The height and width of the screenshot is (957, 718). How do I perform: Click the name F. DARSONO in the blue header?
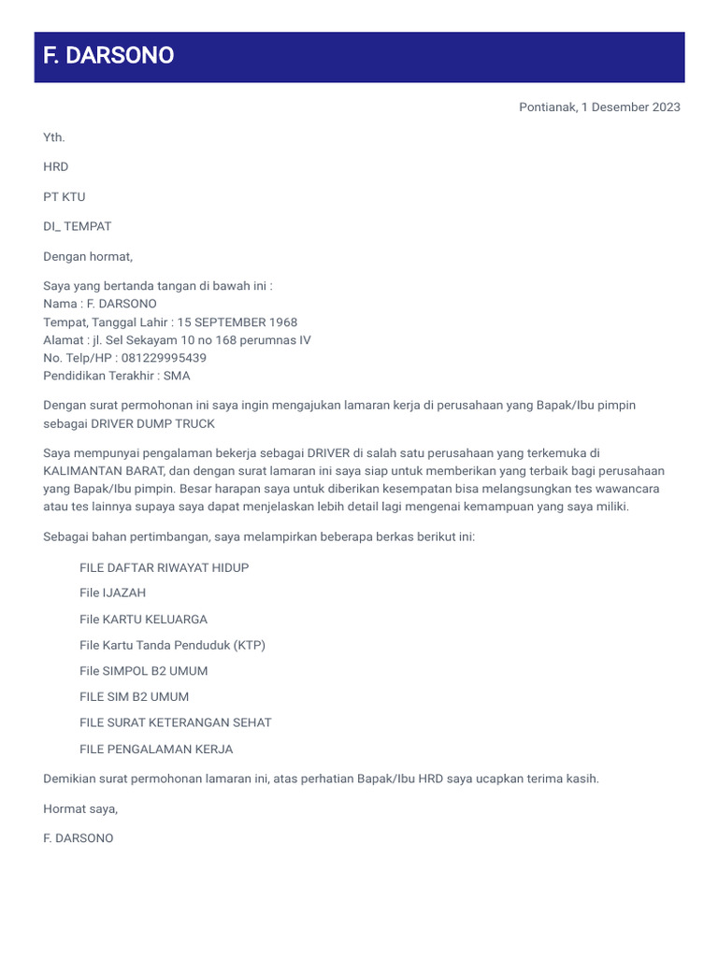click(x=108, y=56)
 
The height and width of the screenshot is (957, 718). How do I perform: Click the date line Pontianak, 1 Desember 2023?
click(x=599, y=107)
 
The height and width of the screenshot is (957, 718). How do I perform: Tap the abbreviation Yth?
click(x=54, y=137)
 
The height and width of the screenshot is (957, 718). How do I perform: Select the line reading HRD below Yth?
click(x=56, y=167)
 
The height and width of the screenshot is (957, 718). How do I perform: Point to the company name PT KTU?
click(x=65, y=197)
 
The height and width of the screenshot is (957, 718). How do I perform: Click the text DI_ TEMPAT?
click(x=78, y=226)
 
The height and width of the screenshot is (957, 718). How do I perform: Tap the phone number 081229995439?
click(x=163, y=358)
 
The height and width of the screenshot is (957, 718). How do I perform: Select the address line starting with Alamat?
click(x=177, y=340)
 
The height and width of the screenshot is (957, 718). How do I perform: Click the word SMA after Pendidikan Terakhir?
click(x=177, y=376)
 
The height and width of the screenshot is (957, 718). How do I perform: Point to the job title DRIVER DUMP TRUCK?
click(x=152, y=423)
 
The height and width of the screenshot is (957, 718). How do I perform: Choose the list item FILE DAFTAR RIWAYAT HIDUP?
click(x=165, y=567)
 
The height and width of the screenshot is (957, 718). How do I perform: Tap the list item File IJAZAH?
click(x=113, y=593)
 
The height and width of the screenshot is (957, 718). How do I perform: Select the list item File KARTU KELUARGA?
click(x=144, y=619)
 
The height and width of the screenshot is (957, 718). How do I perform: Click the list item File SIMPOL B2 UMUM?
click(x=144, y=671)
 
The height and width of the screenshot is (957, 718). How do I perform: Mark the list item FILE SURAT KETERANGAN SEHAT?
click(x=176, y=722)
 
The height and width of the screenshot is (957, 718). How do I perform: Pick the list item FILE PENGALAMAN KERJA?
click(x=156, y=749)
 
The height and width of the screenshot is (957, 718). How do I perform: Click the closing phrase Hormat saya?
click(x=80, y=808)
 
